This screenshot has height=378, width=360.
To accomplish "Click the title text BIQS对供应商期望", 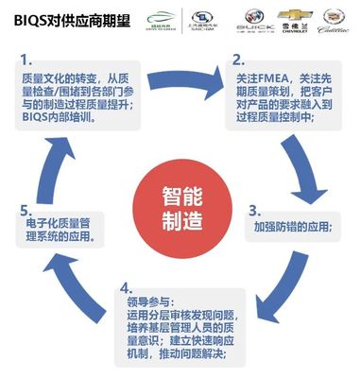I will [x=60, y=16].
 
